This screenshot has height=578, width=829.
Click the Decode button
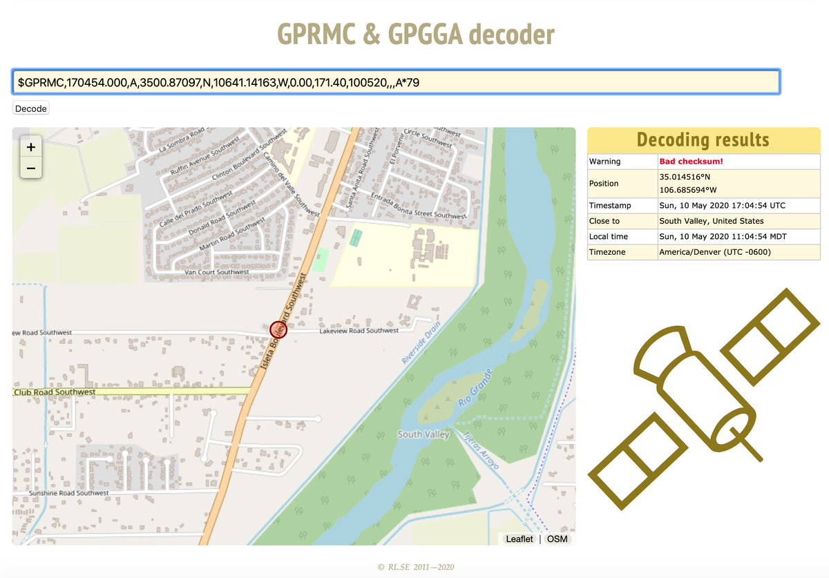[x=31, y=108]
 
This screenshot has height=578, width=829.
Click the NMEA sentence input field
[x=395, y=82]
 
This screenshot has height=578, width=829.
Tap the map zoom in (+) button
[x=31, y=146]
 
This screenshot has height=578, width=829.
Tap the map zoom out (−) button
[x=31, y=168]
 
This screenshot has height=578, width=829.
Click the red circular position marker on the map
[x=278, y=330]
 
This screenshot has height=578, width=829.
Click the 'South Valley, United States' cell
[x=712, y=221]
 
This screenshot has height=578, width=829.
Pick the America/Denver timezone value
[x=715, y=252]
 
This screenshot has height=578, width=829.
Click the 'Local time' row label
[x=609, y=236]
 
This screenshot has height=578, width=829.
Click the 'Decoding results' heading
[x=703, y=139]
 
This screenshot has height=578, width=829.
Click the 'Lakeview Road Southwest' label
[x=359, y=331]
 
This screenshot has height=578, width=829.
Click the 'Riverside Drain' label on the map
[x=421, y=345]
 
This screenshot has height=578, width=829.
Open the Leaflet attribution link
[x=519, y=539]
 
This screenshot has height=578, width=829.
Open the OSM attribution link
[x=557, y=539]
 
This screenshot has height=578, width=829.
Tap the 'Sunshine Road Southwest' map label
[x=68, y=493]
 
